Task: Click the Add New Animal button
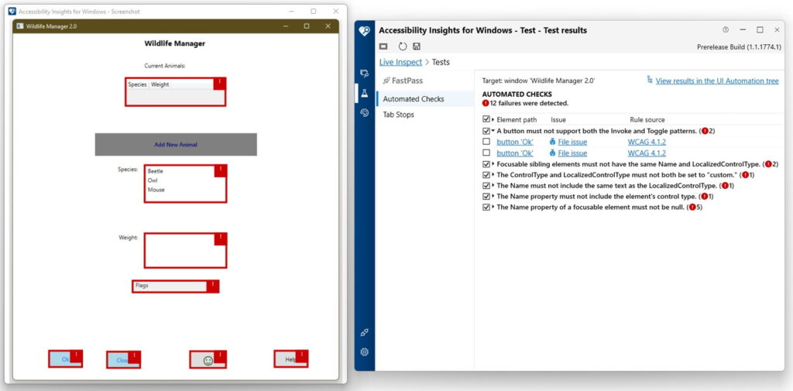click(176, 144)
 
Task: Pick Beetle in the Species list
click(156, 171)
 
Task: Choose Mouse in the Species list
click(156, 190)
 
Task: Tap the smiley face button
click(208, 360)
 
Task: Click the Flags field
click(170, 286)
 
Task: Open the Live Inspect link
click(400, 62)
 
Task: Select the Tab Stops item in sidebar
click(398, 115)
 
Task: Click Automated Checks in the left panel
click(413, 99)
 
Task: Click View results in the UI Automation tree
click(716, 81)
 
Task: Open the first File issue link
click(572, 142)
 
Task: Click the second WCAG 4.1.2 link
click(647, 153)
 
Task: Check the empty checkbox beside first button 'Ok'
click(486, 142)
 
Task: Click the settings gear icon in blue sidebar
click(365, 352)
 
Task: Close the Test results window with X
click(778, 30)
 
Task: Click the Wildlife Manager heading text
click(175, 43)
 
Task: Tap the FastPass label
click(407, 81)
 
